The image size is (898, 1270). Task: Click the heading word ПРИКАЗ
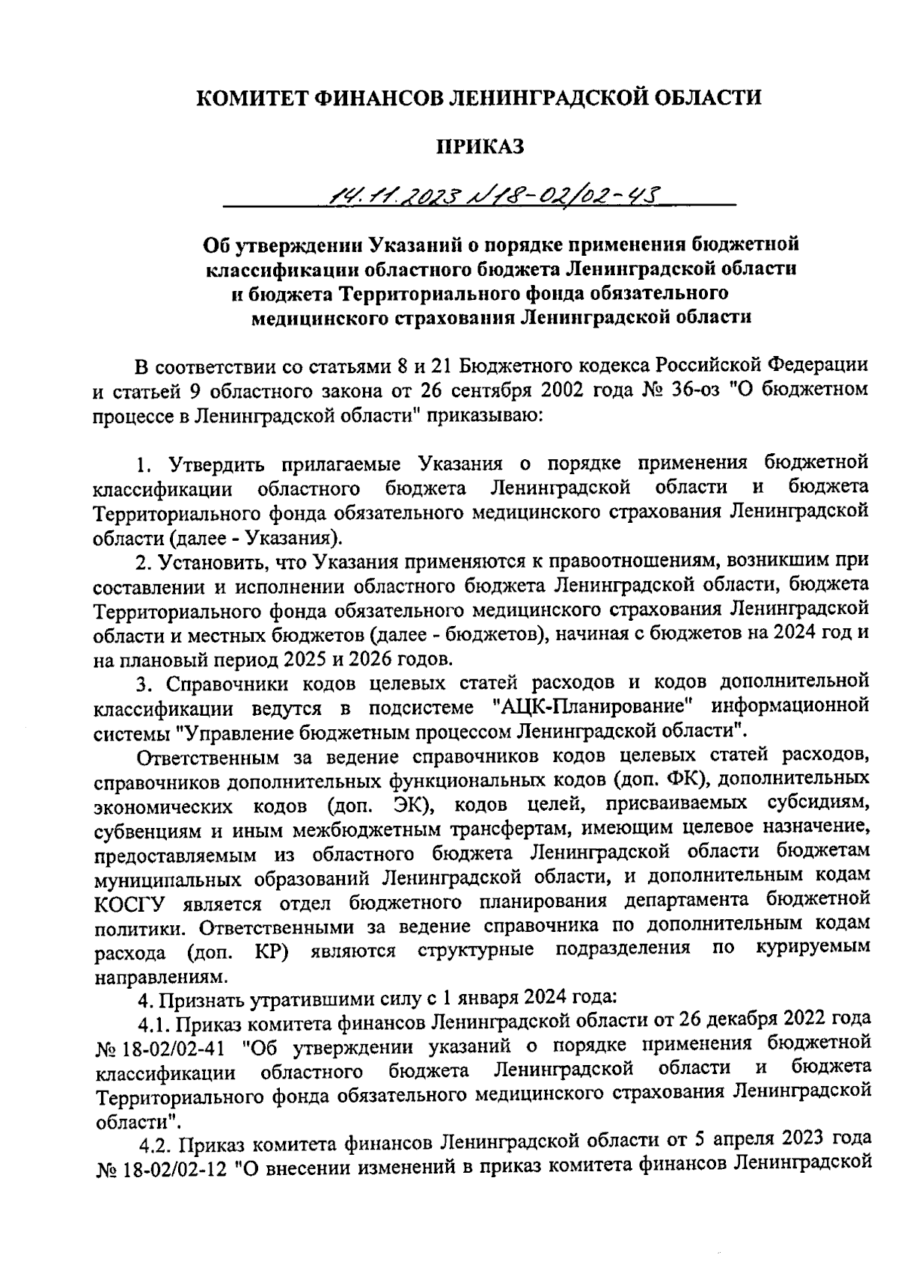[480, 146]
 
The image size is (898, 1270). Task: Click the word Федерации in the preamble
[819, 366]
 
